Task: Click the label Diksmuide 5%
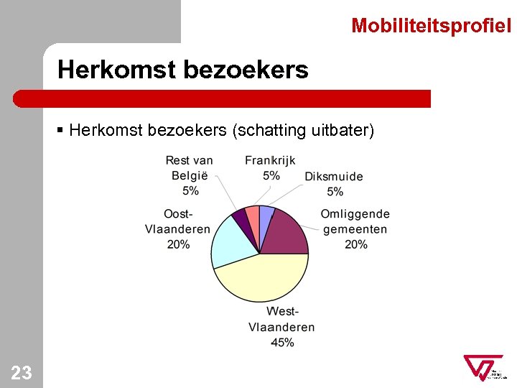(x=334, y=184)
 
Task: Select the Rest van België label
(x=190, y=175)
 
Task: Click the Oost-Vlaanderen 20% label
(x=177, y=229)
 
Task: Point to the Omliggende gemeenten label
(x=355, y=229)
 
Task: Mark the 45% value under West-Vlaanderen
(x=281, y=343)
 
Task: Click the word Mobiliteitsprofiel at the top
(x=431, y=27)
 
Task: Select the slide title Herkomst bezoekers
(x=183, y=70)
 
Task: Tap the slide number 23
(x=22, y=372)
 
